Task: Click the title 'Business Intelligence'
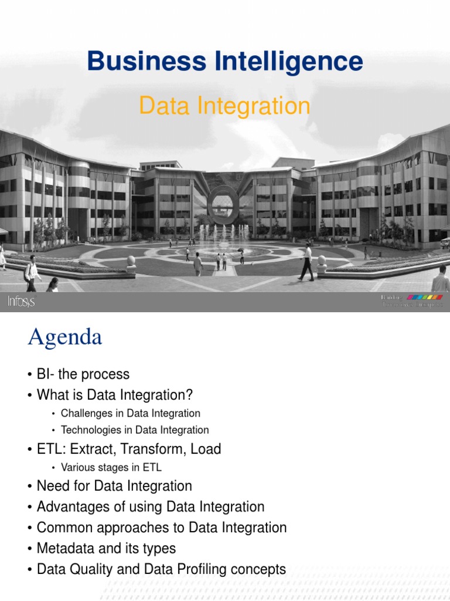click(x=225, y=62)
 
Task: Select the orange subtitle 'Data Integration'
click(x=225, y=106)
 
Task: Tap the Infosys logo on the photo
click(x=21, y=302)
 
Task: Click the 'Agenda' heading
click(x=64, y=337)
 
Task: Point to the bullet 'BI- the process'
click(x=83, y=374)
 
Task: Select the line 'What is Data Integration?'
click(x=114, y=394)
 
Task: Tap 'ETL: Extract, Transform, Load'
click(x=128, y=450)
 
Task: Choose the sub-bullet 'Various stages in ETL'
click(x=111, y=468)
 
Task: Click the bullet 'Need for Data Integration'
click(x=114, y=486)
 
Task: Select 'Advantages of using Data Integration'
click(x=150, y=507)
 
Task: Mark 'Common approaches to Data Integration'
click(x=161, y=528)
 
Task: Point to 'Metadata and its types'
click(x=106, y=548)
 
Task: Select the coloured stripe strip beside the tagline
click(x=425, y=298)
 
